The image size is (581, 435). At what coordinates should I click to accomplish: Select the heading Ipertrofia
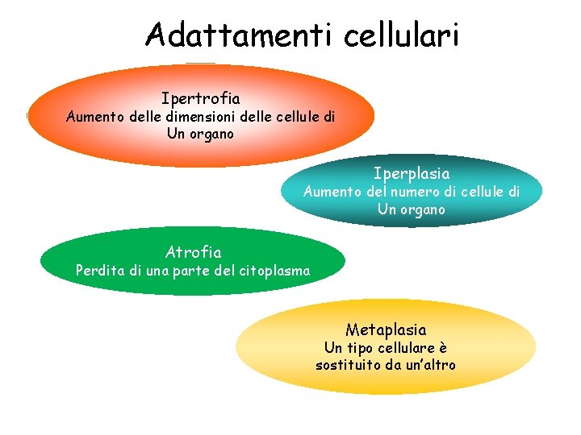tap(200, 99)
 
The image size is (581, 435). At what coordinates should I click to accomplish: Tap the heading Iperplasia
tap(412, 173)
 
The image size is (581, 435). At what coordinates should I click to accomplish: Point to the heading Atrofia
tap(193, 253)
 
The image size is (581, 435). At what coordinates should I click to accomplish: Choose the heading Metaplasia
tap(386, 329)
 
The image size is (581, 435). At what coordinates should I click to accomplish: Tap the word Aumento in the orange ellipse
tap(91, 117)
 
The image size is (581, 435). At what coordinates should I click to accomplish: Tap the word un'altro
tap(428, 365)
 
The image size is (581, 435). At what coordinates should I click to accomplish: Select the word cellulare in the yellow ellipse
tap(406, 348)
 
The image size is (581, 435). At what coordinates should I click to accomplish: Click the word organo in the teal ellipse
tap(423, 209)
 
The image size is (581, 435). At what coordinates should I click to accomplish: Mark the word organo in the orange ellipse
tap(212, 134)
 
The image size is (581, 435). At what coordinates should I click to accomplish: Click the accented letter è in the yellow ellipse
tap(442, 348)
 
